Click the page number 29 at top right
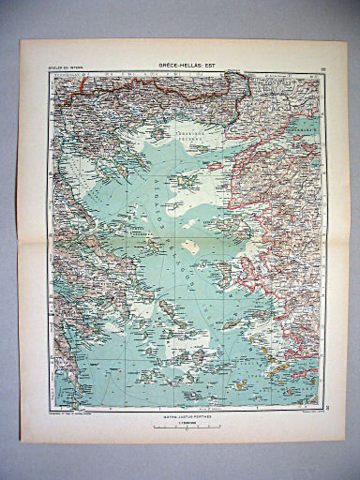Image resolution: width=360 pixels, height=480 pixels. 320,67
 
